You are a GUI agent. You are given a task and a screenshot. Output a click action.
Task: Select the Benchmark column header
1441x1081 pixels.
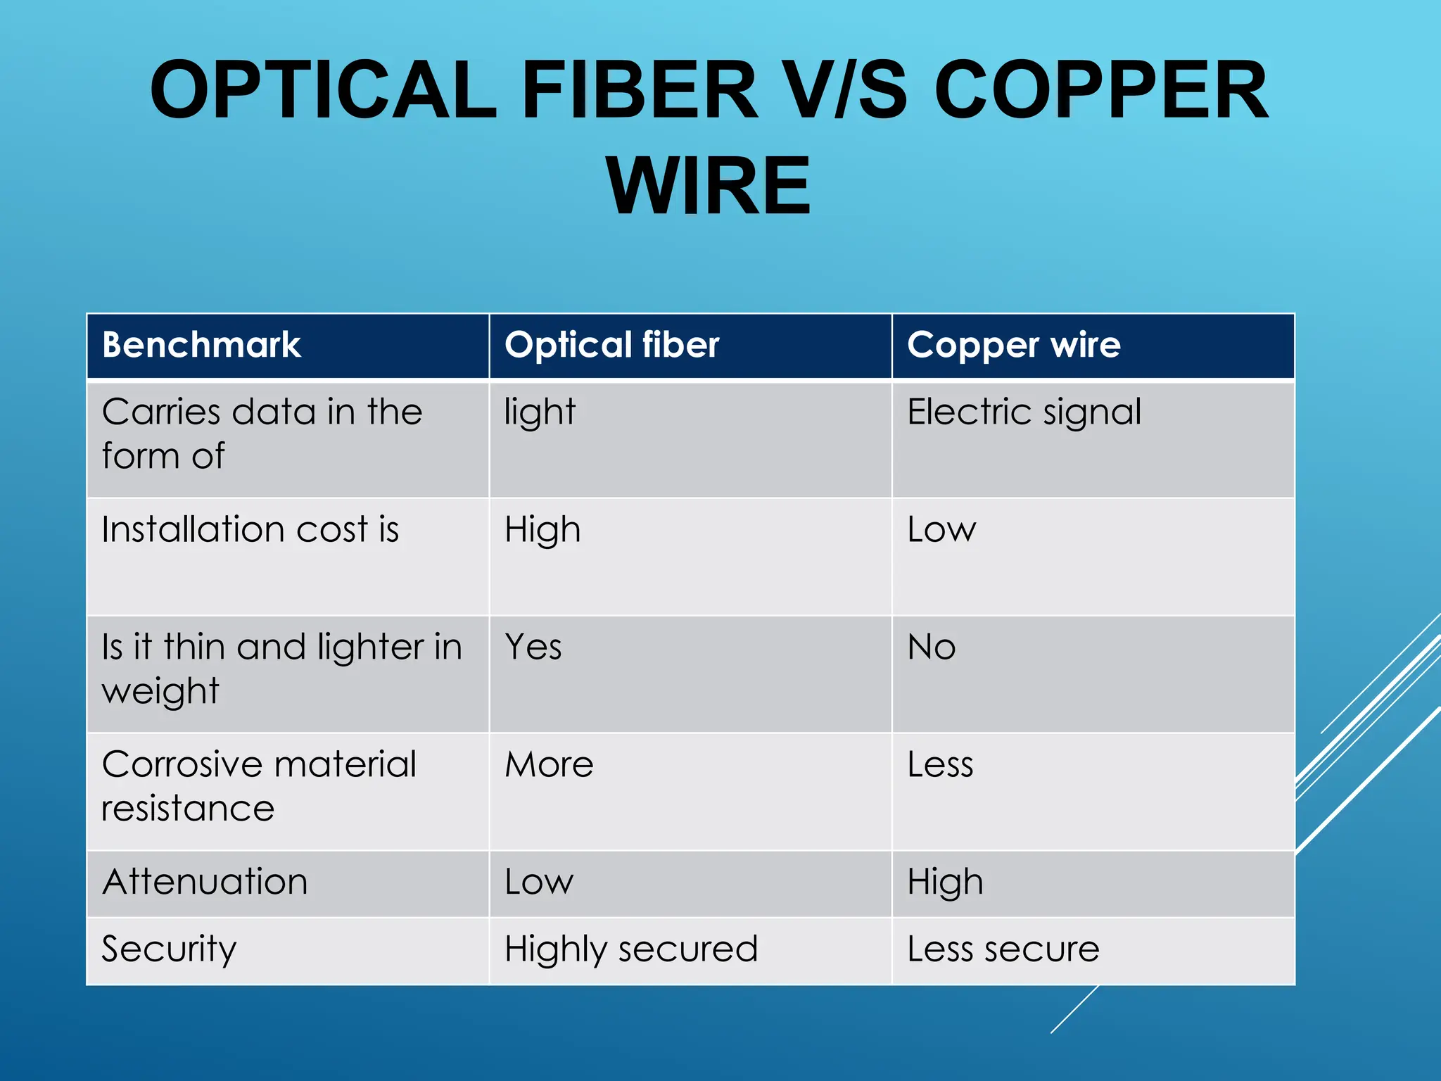(x=201, y=345)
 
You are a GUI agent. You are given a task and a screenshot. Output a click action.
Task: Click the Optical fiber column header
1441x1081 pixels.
(x=611, y=345)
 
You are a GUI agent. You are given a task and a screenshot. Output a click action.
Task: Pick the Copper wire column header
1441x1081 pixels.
(x=1013, y=345)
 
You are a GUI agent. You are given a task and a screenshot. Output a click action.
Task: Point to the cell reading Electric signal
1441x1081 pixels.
(x=1024, y=412)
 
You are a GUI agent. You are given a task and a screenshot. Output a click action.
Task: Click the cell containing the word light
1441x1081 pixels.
(x=540, y=412)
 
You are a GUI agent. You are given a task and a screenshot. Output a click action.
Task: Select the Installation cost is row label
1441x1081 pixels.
(x=250, y=529)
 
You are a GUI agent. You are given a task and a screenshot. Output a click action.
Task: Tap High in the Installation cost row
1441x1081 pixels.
(x=542, y=529)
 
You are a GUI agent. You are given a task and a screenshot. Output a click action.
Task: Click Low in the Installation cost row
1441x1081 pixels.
(x=941, y=529)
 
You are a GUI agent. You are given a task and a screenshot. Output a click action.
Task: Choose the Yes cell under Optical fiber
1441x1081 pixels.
(x=533, y=647)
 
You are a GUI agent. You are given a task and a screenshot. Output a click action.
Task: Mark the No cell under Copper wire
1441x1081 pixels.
(x=932, y=647)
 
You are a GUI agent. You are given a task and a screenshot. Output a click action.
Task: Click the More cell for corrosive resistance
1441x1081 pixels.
(x=549, y=764)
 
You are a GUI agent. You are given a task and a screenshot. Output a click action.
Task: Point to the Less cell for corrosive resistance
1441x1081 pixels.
(x=940, y=764)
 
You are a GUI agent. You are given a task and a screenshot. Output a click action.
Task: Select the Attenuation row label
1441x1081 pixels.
(x=205, y=882)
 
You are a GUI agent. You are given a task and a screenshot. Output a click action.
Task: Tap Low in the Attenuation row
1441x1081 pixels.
(x=539, y=882)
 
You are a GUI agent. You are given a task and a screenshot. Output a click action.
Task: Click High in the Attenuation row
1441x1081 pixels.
(x=945, y=882)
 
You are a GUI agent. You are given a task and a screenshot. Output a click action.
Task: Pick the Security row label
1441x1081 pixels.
(x=169, y=949)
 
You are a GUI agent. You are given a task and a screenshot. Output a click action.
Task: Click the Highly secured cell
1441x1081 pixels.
(x=631, y=949)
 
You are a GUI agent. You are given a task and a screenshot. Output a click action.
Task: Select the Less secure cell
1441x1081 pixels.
(x=1003, y=949)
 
